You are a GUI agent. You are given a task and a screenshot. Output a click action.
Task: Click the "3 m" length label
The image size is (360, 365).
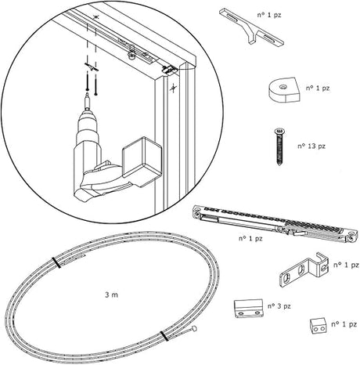[111, 295]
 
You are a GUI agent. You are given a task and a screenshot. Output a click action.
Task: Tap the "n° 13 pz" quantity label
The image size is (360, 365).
[311, 146]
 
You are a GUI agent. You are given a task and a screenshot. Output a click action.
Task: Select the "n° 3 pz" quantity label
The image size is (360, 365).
[279, 306]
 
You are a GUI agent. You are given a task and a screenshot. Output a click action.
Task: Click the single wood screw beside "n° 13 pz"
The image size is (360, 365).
[279, 146]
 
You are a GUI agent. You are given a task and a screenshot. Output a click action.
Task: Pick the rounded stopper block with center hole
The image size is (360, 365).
[284, 89]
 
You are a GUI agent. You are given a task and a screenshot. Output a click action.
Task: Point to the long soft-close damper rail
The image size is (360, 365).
[275, 223]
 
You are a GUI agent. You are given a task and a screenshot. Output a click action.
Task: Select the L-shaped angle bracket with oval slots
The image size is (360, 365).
[304, 270]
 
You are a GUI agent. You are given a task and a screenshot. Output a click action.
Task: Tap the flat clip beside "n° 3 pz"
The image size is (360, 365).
[248, 309]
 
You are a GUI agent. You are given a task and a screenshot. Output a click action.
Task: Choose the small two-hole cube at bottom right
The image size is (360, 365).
[318, 326]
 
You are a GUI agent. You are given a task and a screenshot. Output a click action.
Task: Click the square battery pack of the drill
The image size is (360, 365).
[142, 161]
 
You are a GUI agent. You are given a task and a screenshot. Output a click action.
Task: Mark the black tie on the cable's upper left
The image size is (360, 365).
[56, 262]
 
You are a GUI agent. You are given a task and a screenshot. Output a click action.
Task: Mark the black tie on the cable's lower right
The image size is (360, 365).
[164, 336]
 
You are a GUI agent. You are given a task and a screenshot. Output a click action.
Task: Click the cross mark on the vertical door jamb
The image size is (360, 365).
[173, 89]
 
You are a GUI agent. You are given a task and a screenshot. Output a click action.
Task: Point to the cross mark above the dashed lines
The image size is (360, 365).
[96, 17]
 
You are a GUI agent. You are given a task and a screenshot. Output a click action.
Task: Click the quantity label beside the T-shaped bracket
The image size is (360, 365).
[269, 15]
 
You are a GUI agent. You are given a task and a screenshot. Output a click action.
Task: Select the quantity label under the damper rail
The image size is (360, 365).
[250, 238]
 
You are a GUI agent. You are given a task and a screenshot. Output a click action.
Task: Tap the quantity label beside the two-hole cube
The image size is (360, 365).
[344, 324]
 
